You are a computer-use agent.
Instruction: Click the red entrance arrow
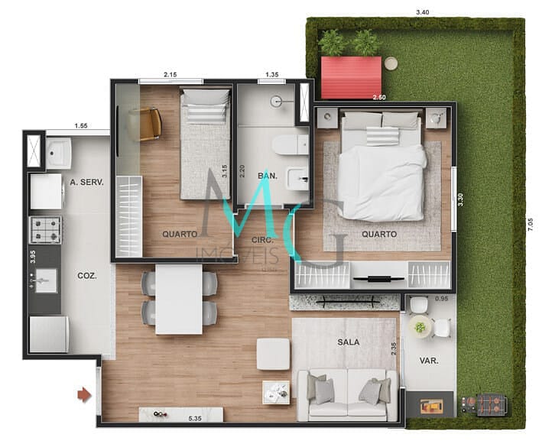84,394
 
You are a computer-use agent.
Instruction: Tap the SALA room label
348,342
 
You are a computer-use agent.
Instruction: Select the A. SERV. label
86,183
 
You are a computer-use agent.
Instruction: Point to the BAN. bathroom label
267,177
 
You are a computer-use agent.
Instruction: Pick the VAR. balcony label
429,360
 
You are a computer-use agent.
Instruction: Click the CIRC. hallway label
266,240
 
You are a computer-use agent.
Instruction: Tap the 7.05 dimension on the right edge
530,225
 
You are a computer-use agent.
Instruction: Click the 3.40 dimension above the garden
422,12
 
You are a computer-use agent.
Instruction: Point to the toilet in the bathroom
291,143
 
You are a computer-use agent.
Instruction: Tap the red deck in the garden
350,77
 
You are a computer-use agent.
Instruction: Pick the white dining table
179,299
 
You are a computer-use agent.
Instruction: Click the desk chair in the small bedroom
148,124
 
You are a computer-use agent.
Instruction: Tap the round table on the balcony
420,327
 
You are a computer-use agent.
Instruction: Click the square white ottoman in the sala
273,354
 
